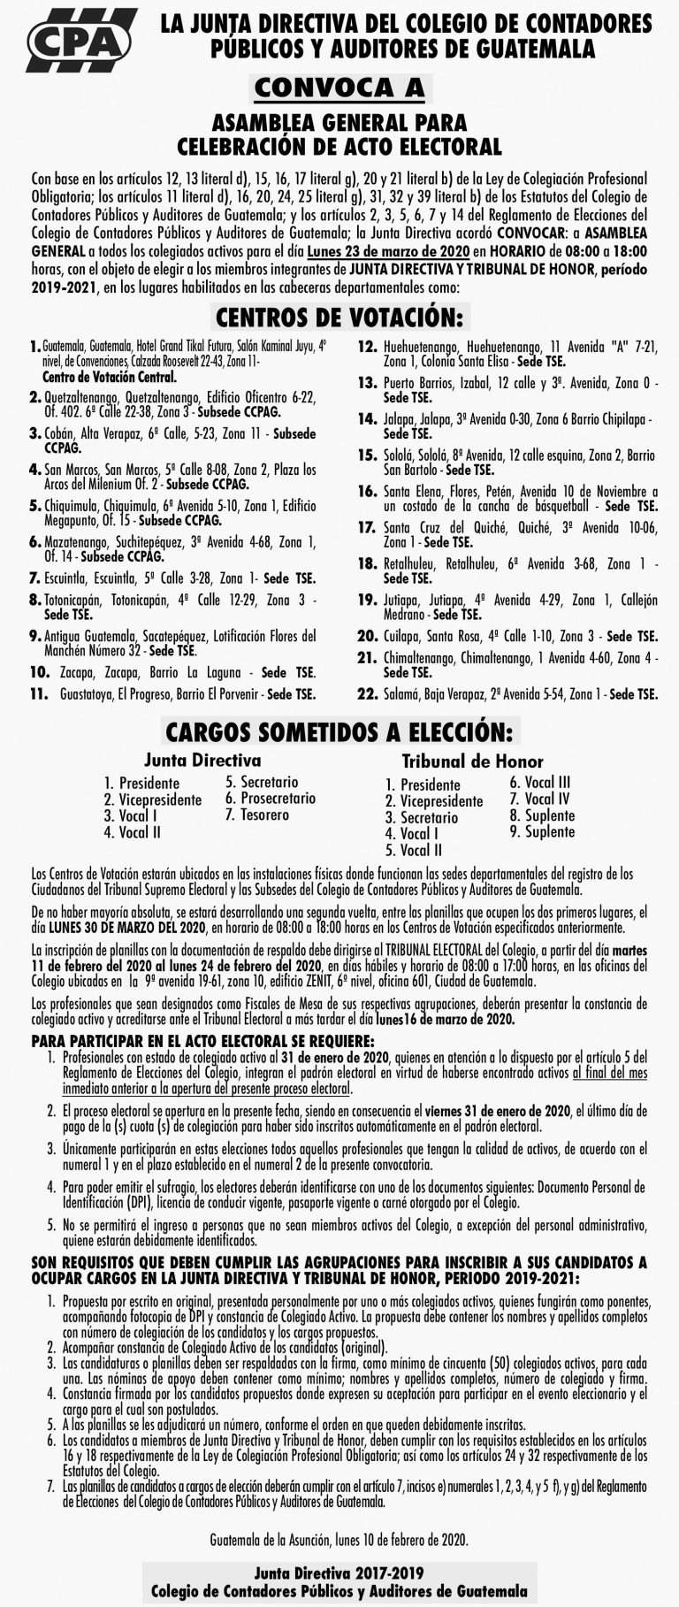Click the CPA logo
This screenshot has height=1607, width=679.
79,41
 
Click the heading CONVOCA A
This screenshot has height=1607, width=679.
339,88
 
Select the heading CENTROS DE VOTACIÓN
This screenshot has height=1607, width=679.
339,318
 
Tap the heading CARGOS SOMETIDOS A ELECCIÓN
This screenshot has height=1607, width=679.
339,732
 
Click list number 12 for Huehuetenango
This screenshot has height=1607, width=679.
368,348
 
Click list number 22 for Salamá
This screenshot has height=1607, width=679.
368,694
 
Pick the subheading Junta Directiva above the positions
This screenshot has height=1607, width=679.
202,760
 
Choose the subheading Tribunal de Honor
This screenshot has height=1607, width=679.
472,761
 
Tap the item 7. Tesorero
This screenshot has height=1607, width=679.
257,815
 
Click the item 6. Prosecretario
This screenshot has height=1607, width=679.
271,799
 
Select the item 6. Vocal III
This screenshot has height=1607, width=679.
539,782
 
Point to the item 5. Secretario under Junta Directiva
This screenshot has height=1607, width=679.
262,782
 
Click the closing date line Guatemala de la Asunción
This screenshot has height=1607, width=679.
339,1540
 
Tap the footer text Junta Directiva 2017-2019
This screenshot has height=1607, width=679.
339,1573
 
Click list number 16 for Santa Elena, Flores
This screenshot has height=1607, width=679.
368,492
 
